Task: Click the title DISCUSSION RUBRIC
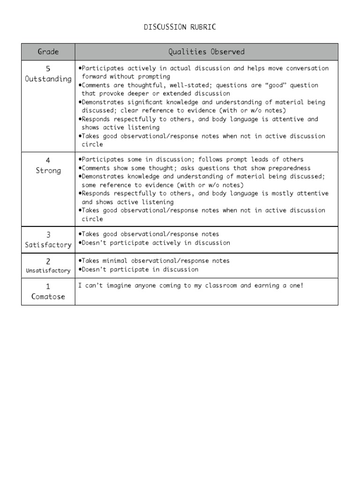tap(180, 27)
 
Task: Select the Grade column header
tap(48, 52)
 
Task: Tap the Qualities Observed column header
tap(207, 52)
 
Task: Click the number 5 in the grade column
tap(48, 69)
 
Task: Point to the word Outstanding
tap(48, 79)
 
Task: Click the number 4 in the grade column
tap(48, 161)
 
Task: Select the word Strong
tap(48, 171)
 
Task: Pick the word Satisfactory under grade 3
tap(48, 245)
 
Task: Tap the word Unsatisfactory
tap(48, 270)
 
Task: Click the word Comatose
tap(48, 296)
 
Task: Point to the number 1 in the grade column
tap(48, 286)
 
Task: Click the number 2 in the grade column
tap(48, 261)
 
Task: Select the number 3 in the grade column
tap(48, 235)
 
